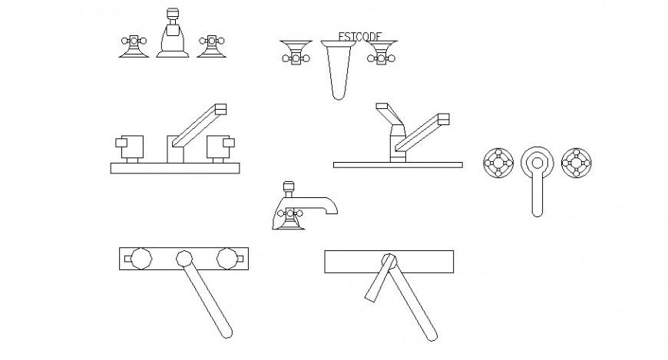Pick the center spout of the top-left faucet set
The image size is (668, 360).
[173, 38]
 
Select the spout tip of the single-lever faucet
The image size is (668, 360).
[443, 120]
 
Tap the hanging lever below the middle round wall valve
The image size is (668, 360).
[536, 196]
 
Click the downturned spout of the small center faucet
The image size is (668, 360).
[330, 206]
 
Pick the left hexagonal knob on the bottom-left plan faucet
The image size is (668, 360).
[141, 259]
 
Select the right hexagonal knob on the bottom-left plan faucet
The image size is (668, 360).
[227, 259]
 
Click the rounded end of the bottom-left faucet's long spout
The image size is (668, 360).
[225, 332]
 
